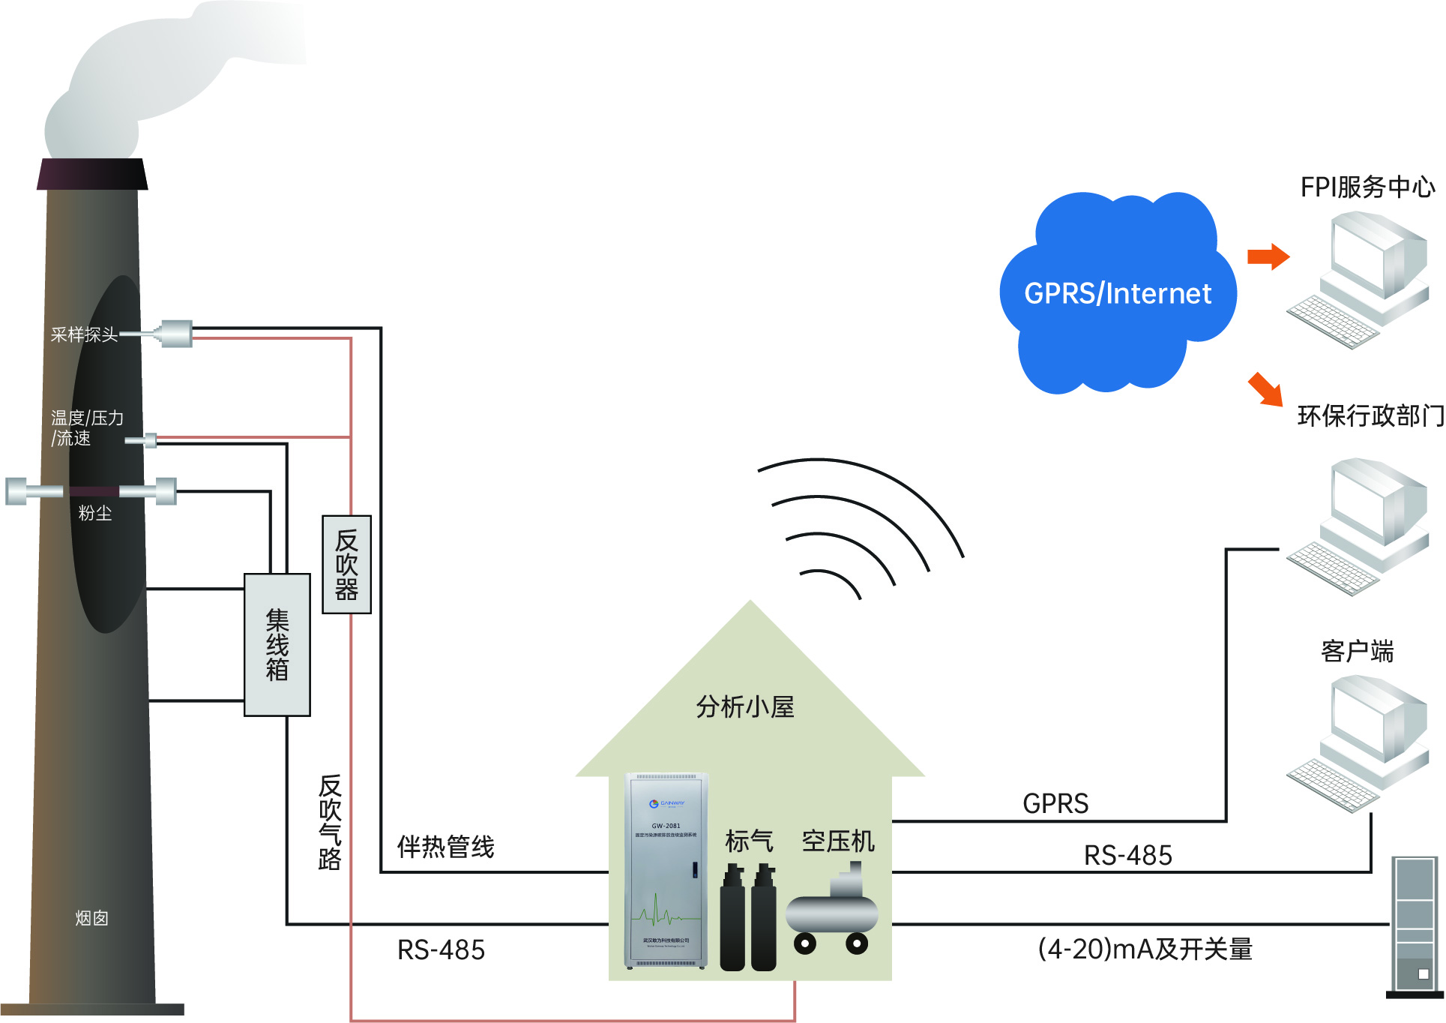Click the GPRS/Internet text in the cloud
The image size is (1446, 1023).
[x=1117, y=293]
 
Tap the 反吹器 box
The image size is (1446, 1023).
[x=346, y=564]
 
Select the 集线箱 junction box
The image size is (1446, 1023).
[x=277, y=644]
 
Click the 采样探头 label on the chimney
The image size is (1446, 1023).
[x=84, y=334]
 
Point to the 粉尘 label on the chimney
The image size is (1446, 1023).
[x=95, y=513]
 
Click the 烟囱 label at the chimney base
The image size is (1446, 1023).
[x=92, y=918]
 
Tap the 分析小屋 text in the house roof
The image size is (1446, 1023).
[x=744, y=706]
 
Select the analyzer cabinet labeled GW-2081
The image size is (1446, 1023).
[x=666, y=870]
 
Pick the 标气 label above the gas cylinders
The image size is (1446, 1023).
[x=748, y=841]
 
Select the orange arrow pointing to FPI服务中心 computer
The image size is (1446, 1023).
[x=1268, y=256]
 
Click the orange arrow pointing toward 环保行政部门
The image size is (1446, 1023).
[x=1265, y=388]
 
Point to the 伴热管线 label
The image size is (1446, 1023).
[x=445, y=847]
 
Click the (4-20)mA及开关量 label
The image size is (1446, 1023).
[x=1145, y=949]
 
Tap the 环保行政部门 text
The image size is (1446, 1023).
[x=1370, y=415]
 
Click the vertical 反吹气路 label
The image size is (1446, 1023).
[x=330, y=822]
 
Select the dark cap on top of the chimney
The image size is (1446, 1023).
[x=92, y=174]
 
